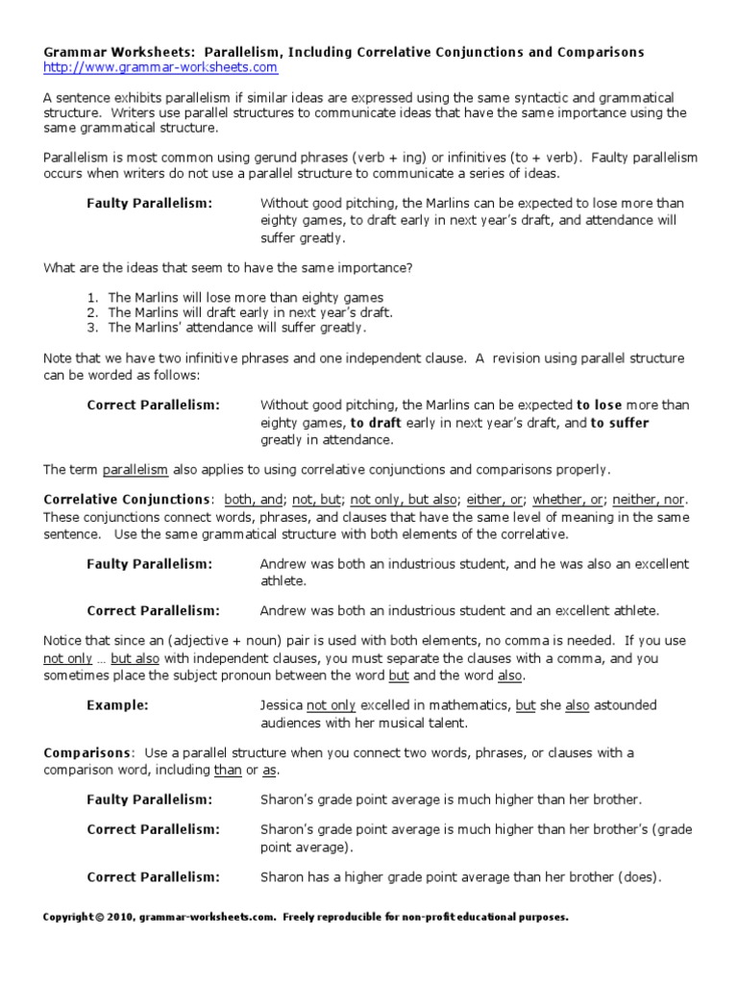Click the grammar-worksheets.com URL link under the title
(x=160, y=68)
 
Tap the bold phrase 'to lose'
(x=600, y=405)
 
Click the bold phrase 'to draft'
(x=376, y=423)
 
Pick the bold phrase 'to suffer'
(x=620, y=423)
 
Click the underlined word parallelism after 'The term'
(x=135, y=470)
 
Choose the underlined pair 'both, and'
(x=254, y=500)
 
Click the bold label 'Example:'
(x=117, y=705)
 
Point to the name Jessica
(x=282, y=705)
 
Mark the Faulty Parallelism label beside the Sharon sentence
(x=150, y=799)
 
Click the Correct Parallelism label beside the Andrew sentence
(x=154, y=611)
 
